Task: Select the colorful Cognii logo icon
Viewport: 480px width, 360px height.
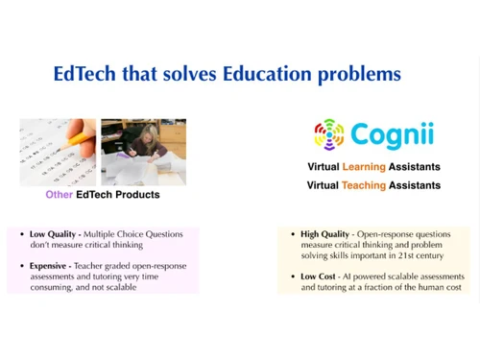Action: point(329,134)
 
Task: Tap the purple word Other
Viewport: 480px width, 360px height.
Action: point(60,195)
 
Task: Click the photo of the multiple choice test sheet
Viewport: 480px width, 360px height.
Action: point(58,152)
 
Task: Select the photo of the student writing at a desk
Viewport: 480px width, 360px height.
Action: point(143,152)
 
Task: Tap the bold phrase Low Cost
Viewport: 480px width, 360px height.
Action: point(318,276)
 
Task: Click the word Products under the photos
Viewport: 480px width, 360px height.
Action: point(138,195)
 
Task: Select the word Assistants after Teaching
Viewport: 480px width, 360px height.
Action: point(415,185)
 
